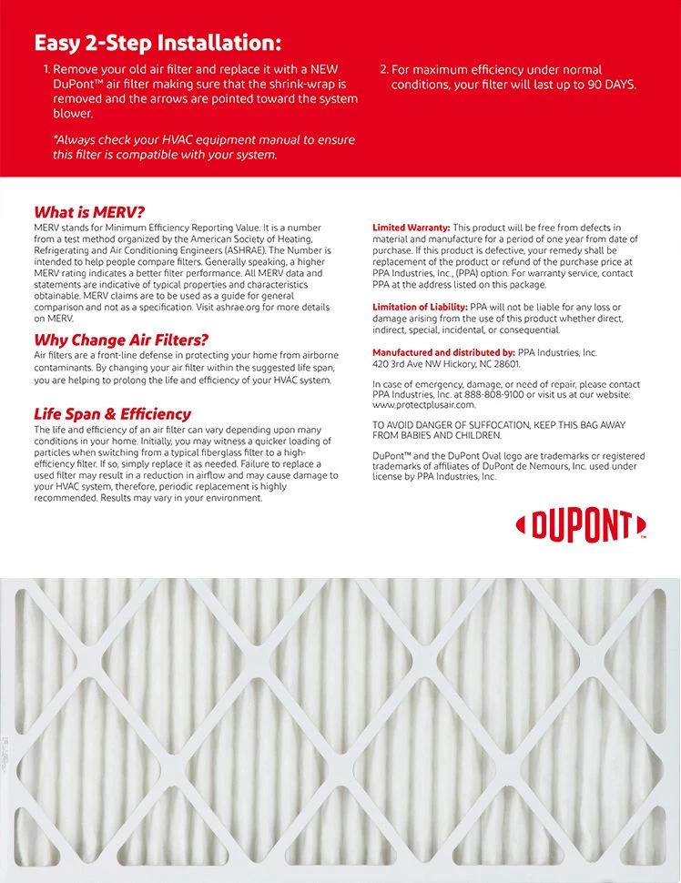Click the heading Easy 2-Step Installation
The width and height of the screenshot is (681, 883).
pyautogui.click(x=158, y=43)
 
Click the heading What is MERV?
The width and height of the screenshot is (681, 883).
pyautogui.click(x=89, y=212)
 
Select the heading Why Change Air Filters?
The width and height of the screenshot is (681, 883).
pyautogui.click(x=121, y=340)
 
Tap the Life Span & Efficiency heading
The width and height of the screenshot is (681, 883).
pyautogui.click(x=112, y=414)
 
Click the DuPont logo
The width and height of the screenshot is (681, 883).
pyautogui.click(x=581, y=525)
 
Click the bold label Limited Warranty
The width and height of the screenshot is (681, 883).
pyautogui.click(x=411, y=228)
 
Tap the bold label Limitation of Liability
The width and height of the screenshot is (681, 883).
pyautogui.click(x=420, y=308)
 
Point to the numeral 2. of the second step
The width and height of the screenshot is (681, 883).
pyautogui.click(x=383, y=69)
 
